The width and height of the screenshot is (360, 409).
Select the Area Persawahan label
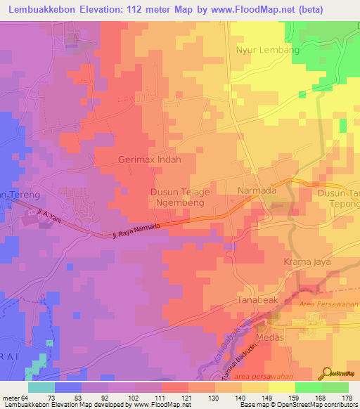(329, 304)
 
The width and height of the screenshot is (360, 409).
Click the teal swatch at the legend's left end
(41, 387)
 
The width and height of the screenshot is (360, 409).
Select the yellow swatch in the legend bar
(281, 387)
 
